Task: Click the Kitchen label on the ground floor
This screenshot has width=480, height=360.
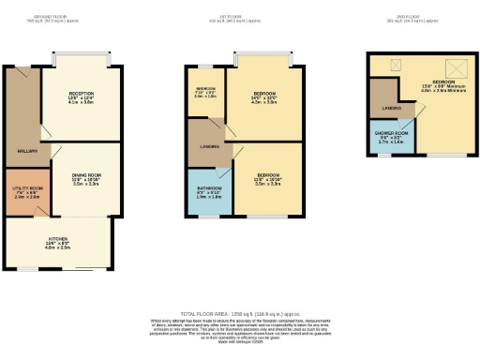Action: click(x=58, y=242)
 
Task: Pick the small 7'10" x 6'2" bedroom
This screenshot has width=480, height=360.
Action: click(x=205, y=93)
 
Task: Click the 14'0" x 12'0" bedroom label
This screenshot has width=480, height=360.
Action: click(x=265, y=97)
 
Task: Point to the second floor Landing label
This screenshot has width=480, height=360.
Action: click(x=391, y=109)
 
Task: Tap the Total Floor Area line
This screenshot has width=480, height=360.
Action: click(x=240, y=313)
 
